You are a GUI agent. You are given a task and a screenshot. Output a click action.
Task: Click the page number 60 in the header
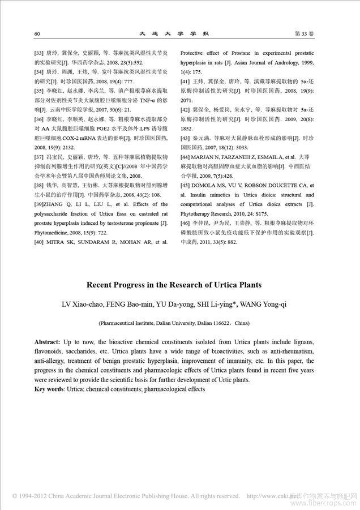coord(37,34)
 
